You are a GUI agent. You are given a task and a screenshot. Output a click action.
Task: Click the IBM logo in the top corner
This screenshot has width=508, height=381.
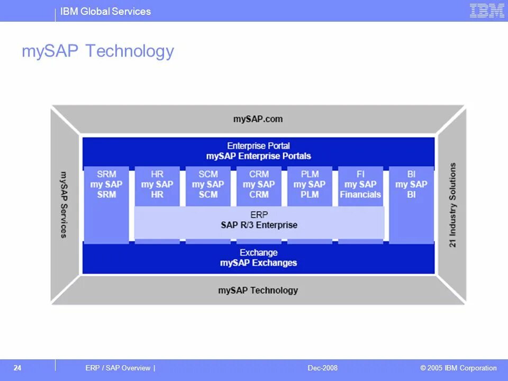point(487,11)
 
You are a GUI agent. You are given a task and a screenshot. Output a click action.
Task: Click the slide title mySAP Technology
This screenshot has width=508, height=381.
point(98,51)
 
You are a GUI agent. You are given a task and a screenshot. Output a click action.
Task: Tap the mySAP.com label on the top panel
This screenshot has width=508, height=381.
point(258,119)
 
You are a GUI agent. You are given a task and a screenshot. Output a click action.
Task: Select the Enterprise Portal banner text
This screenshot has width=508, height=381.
point(258,151)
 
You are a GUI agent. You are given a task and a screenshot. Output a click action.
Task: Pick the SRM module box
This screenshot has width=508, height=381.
point(106,184)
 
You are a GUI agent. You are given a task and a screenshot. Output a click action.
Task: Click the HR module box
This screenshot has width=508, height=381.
point(157,184)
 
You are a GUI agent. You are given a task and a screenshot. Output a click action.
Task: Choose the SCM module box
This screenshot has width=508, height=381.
point(208,184)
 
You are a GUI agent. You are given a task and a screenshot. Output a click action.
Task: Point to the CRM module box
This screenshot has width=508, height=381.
point(259,184)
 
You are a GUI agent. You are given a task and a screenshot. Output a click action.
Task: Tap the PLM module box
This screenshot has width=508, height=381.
point(310,184)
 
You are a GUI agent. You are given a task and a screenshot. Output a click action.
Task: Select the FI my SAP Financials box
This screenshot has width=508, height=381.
point(360,184)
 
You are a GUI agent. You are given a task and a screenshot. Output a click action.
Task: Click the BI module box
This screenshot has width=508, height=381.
point(411,184)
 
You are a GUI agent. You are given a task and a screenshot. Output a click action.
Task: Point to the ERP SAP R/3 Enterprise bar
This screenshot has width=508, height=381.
point(259,220)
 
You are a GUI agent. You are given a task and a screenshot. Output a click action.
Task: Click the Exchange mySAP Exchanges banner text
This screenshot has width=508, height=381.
point(258,258)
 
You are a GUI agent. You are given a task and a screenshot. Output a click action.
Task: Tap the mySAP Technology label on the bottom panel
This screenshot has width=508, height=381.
point(258,290)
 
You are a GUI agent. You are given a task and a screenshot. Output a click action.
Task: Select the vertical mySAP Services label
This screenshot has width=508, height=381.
point(64,204)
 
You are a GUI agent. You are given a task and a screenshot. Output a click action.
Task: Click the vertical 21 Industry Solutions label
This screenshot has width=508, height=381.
point(453,205)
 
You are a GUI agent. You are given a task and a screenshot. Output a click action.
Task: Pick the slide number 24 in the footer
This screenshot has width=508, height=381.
point(17,368)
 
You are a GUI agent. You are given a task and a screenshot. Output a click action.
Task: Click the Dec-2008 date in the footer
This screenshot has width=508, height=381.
point(322,368)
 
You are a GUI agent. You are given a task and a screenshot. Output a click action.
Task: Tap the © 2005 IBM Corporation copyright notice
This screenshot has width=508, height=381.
point(458,368)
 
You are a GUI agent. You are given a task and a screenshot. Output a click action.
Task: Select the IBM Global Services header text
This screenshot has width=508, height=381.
point(105,11)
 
